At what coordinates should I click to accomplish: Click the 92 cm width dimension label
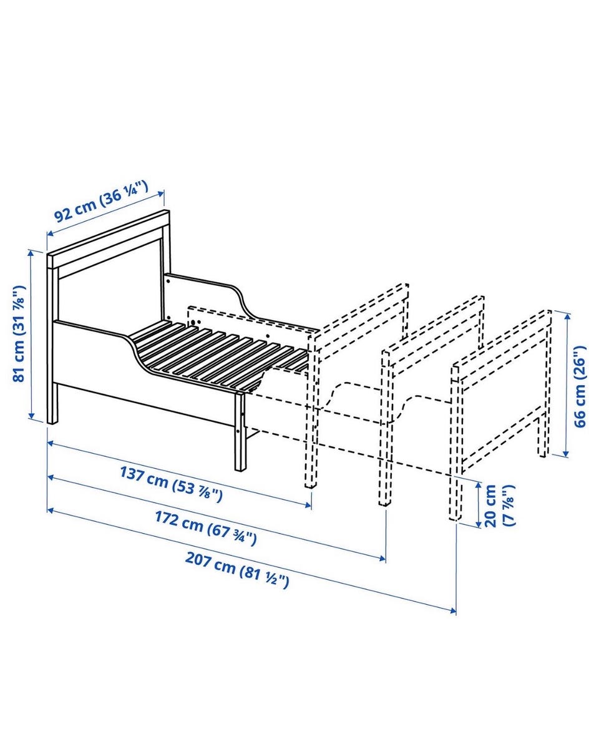point(101,202)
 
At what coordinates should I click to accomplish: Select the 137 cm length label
point(172,484)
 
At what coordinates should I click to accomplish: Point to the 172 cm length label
point(205,527)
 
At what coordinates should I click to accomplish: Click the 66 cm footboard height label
point(580,386)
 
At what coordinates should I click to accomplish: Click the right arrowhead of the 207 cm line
point(452,610)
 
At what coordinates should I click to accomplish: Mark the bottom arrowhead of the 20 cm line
point(479,524)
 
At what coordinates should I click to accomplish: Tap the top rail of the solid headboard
point(109,238)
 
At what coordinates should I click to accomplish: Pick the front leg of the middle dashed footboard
point(385,428)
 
